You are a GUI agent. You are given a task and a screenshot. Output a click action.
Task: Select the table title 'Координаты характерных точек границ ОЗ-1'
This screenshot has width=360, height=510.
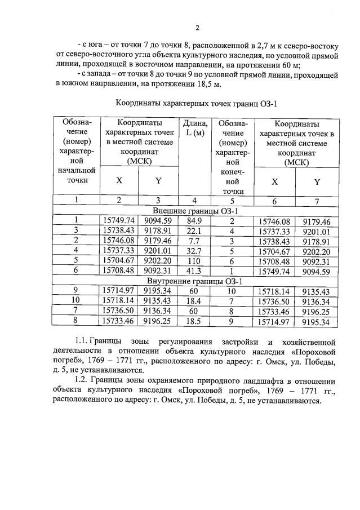197,103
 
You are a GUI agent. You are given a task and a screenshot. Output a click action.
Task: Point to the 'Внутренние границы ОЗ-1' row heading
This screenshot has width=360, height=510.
194,281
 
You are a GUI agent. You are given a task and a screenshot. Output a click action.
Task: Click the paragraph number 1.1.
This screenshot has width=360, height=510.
83,342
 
